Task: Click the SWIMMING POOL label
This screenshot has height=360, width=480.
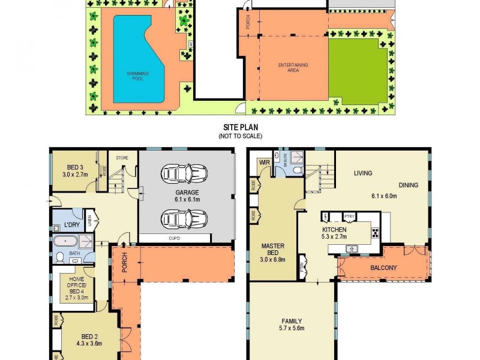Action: click(x=137, y=74)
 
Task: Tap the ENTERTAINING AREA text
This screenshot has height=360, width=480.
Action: click(x=293, y=66)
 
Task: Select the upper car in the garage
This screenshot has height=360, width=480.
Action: click(x=185, y=173)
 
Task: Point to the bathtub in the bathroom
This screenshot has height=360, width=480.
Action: click(x=65, y=242)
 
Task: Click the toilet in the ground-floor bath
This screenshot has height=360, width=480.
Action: click(x=60, y=258)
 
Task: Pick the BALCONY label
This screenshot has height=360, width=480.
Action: click(x=383, y=268)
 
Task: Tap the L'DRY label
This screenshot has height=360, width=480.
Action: click(x=72, y=226)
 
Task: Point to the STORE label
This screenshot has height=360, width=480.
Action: click(x=122, y=158)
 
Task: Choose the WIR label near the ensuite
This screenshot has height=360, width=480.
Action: click(x=263, y=162)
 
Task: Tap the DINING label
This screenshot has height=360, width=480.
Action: click(x=407, y=185)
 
